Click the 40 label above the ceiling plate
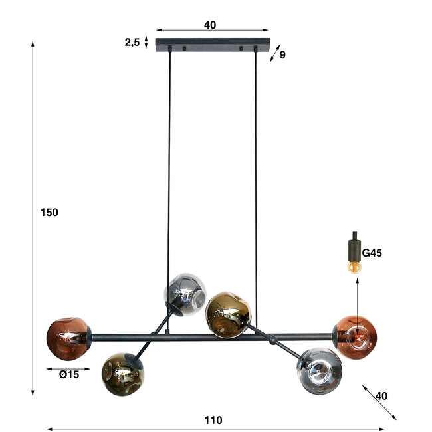[210, 25]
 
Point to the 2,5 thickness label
[132, 42]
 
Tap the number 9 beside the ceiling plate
[282, 54]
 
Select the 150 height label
[49, 213]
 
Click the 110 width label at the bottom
[213, 420]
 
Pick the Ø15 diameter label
[68, 374]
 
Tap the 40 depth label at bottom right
[381, 395]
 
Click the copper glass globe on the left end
[67, 338]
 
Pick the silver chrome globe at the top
[184, 294]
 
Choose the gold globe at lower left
[123, 374]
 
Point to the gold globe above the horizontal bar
[228, 314]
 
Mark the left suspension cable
[169, 166]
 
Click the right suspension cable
[255, 166]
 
